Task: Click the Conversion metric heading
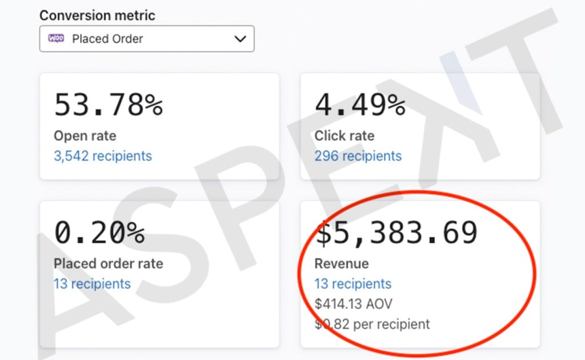[97, 15]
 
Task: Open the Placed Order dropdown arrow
[240, 38]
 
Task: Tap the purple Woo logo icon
[57, 38]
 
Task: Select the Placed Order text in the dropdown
[107, 39]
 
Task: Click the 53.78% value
[109, 105]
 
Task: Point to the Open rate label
[85, 136]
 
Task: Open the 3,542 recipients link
[103, 156]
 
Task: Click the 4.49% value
[360, 105]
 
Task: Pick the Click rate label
[344, 136]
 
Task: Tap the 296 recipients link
[358, 156]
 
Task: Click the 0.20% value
[99, 233]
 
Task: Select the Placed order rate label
[108, 264]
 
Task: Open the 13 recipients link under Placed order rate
[92, 284]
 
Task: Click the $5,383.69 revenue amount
[396, 233]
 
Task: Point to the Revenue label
[342, 264]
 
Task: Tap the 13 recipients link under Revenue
[353, 284]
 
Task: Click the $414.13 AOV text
[353, 304]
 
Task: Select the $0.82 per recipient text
[372, 324]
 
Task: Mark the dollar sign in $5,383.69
[323, 233]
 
